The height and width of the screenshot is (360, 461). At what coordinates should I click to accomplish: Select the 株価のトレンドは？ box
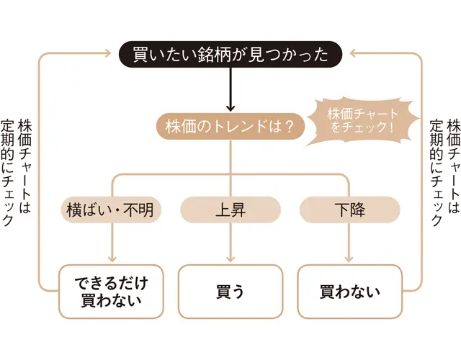click(x=230, y=127)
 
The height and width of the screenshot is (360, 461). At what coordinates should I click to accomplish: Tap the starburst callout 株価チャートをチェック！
click(x=362, y=120)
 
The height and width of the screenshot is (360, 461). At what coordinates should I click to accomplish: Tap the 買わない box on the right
click(x=349, y=292)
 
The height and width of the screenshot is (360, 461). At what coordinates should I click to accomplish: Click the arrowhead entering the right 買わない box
click(x=349, y=258)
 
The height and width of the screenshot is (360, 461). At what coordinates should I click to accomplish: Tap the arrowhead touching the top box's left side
click(x=112, y=53)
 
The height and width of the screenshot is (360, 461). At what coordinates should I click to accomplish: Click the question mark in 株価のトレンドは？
click(x=288, y=127)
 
